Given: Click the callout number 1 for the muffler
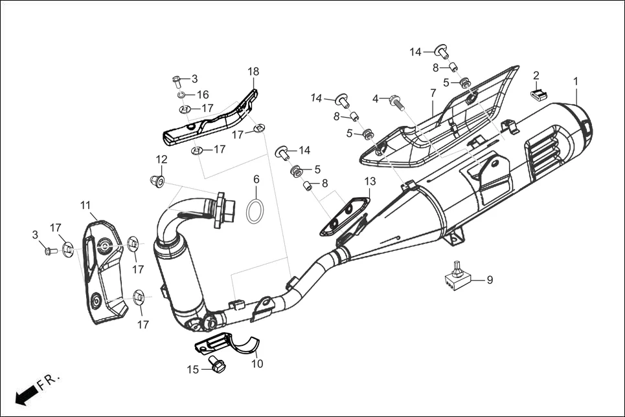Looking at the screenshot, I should click(x=575, y=81).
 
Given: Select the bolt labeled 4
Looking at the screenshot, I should click(x=396, y=101).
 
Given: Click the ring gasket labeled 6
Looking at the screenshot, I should click(x=256, y=211).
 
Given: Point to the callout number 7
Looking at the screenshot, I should click(x=433, y=94).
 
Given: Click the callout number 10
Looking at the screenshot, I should click(x=258, y=363).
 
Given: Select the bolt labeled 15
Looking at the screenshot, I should click(x=216, y=365).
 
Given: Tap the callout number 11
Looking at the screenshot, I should click(x=85, y=206).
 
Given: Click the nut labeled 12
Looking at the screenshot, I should click(x=157, y=179).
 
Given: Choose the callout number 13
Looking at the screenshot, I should click(x=370, y=181).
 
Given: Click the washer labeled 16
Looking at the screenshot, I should click(x=183, y=95).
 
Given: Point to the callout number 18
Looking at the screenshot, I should click(x=253, y=71).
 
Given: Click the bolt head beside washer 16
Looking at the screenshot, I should click(x=177, y=81).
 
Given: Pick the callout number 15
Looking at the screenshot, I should click(x=192, y=370).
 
